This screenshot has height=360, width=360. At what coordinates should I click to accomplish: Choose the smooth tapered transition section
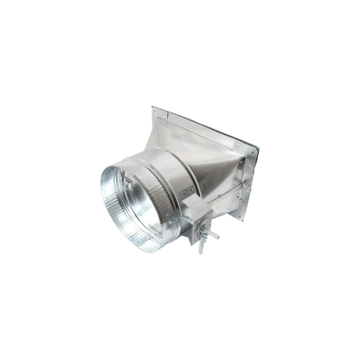click(x=212, y=164)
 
